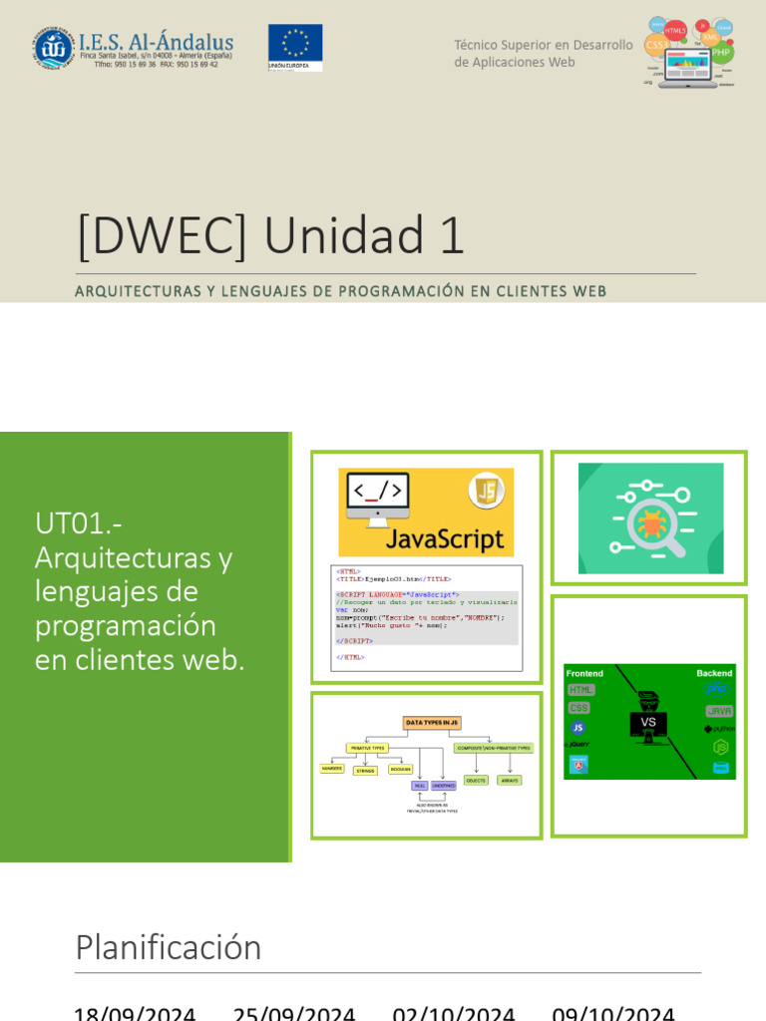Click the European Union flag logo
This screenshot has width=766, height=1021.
point(295,47)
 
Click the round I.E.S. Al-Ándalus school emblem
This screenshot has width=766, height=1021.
point(53,48)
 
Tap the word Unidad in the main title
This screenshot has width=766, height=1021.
point(363,236)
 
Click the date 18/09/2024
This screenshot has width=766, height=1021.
point(135,1013)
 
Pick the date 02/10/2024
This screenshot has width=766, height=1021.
point(454,1013)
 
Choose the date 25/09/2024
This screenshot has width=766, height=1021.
point(294,1013)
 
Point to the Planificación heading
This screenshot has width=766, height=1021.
point(169,947)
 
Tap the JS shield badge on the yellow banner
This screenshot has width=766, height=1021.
point(487,491)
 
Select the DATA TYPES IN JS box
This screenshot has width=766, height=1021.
point(432,723)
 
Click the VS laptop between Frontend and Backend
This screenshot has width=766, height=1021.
point(648,723)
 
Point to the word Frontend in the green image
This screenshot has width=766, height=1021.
point(585,673)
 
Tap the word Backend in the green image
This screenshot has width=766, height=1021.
point(714,673)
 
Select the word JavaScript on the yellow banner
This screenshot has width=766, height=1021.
point(444,538)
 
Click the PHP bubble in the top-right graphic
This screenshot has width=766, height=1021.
point(721,51)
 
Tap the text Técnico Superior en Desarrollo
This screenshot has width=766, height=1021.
point(544,45)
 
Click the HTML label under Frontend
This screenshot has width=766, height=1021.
point(580,690)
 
